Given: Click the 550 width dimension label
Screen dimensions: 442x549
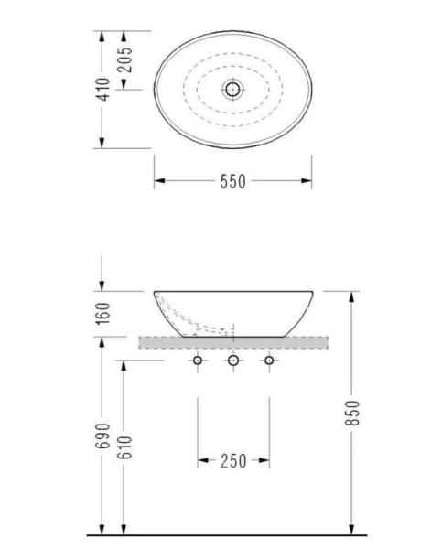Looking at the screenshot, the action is [233, 181].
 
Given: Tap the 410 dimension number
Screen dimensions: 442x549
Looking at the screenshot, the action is [103, 90].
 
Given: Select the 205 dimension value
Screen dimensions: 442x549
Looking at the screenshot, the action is [124, 59].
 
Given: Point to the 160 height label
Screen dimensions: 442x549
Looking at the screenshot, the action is [103, 314].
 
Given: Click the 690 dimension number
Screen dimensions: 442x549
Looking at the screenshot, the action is [103, 436].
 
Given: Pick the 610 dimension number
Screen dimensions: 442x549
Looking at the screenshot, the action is [124, 447].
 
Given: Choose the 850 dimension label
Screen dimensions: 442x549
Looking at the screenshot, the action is [352, 414].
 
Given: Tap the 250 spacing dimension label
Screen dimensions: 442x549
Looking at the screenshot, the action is [233, 461].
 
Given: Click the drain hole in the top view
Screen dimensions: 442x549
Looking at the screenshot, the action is [232, 90].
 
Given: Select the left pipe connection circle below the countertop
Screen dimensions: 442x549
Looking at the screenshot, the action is [198, 360].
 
